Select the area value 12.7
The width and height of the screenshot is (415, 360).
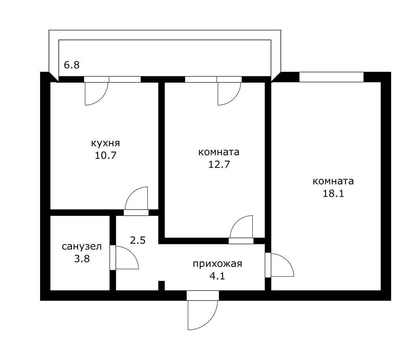(219, 164)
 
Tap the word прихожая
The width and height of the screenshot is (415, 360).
(217, 263)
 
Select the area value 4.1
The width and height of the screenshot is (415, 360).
(217, 276)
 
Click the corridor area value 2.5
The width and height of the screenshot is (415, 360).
(138, 240)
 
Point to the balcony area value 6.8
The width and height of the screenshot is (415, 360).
(72, 65)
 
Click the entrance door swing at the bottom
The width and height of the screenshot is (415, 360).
(202, 314)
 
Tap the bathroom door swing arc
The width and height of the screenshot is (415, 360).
(127, 258)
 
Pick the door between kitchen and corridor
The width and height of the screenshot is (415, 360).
(136, 200)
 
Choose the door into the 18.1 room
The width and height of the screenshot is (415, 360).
(281, 265)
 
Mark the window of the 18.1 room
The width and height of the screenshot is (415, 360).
(331, 77)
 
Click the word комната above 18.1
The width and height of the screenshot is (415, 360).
(333, 181)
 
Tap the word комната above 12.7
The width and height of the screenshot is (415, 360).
(219, 152)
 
